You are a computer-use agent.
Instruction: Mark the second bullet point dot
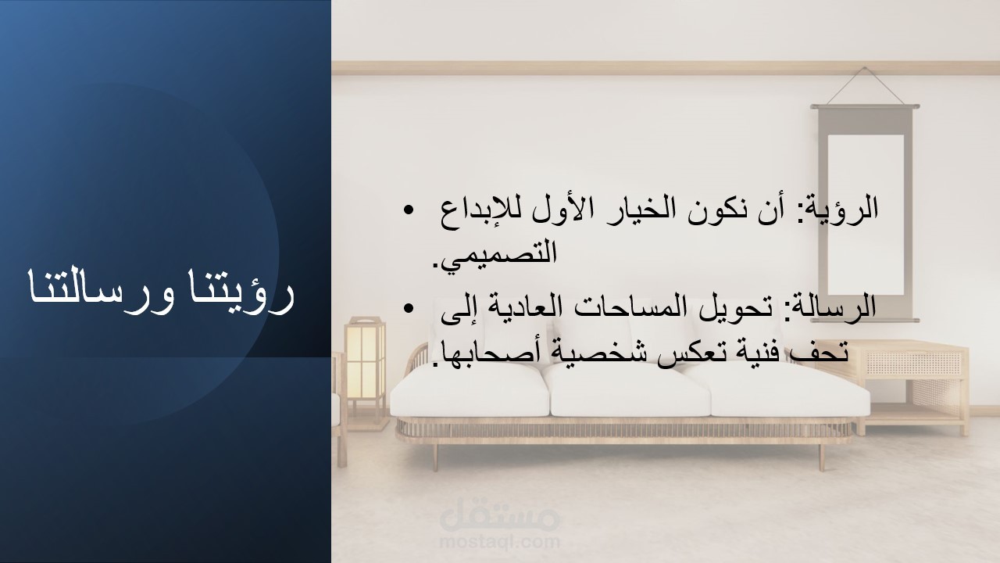click(x=408, y=308)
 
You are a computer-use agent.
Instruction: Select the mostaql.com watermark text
click(x=499, y=542)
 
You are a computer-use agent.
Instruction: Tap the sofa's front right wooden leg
click(x=821, y=457)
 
